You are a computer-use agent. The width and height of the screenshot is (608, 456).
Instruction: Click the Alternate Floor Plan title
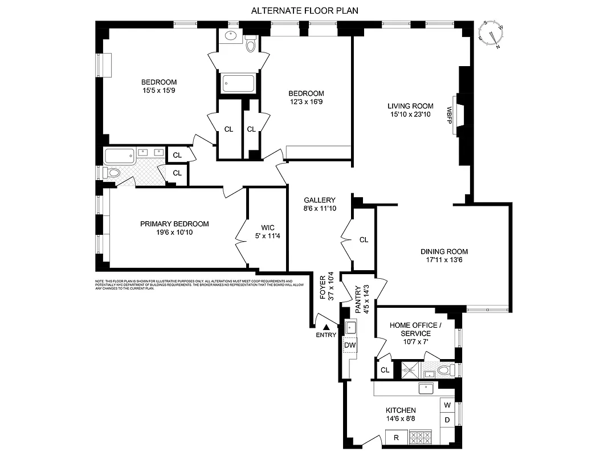(x=305, y=10)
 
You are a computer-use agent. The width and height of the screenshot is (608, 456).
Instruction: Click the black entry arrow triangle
(x=326, y=327)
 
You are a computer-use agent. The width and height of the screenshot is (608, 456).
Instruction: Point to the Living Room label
(x=410, y=106)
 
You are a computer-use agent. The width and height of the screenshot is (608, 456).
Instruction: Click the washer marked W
(x=447, y=405)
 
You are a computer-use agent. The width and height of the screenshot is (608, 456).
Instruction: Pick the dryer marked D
(x=447, y=420)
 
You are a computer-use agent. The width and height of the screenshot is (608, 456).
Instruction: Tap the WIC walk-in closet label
(x=267, y=227)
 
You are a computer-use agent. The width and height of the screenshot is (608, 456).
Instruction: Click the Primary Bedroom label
(x=174, y=224)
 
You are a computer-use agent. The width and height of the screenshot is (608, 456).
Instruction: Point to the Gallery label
(x=319, y=200)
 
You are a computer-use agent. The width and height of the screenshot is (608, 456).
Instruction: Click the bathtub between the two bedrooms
(x=238, y=84)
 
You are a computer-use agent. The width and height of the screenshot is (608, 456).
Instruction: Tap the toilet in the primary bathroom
(x=113, y=173)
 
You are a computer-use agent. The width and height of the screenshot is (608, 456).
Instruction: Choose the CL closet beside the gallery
(x=364, y=240)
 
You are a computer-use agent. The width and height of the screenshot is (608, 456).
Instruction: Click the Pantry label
(x=358, y=299)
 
